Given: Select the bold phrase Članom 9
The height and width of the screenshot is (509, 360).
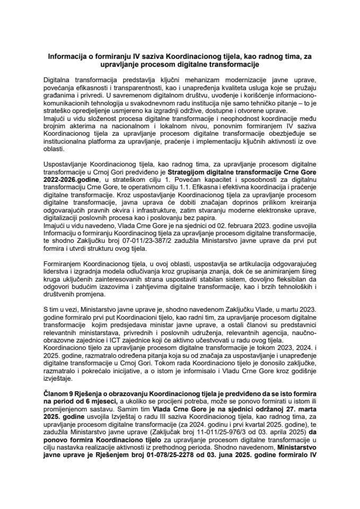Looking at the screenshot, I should (59, 395).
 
